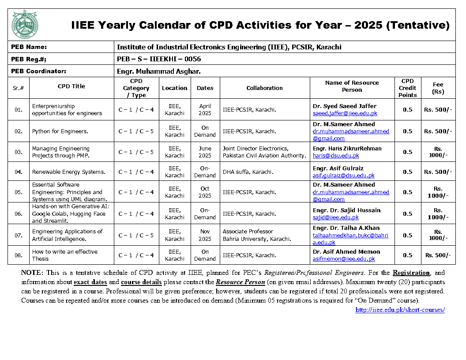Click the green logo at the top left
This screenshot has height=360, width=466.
[x=25, y=25]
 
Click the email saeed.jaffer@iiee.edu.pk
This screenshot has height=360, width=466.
[x=345, y=113]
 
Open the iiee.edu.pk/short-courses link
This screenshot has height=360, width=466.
[x=400, y=310]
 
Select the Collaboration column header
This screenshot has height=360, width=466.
[x=264, y=88]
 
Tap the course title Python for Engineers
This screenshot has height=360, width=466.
[x=60, y=131]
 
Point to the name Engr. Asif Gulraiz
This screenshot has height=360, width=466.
[x=338, y=168]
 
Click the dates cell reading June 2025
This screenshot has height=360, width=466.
[x=205, y=152]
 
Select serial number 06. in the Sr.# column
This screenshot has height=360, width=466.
[x=18, y=214]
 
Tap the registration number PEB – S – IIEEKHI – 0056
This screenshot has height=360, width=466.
[x=159, y=59]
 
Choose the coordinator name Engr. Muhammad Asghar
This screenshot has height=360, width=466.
[x=159, y=71]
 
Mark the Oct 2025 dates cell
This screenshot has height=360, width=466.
[x=205, y=192]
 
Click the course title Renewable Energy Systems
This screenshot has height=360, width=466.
[x=68, y=172]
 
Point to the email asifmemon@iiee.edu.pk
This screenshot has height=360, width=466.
[x=344, y=259]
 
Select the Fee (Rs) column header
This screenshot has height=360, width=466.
[x=438, y=88]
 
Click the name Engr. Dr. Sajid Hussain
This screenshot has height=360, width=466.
[x=346, y=210]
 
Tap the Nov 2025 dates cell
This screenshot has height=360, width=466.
[x=205, y=235]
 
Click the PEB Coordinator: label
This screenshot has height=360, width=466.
[x=39, y=71]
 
